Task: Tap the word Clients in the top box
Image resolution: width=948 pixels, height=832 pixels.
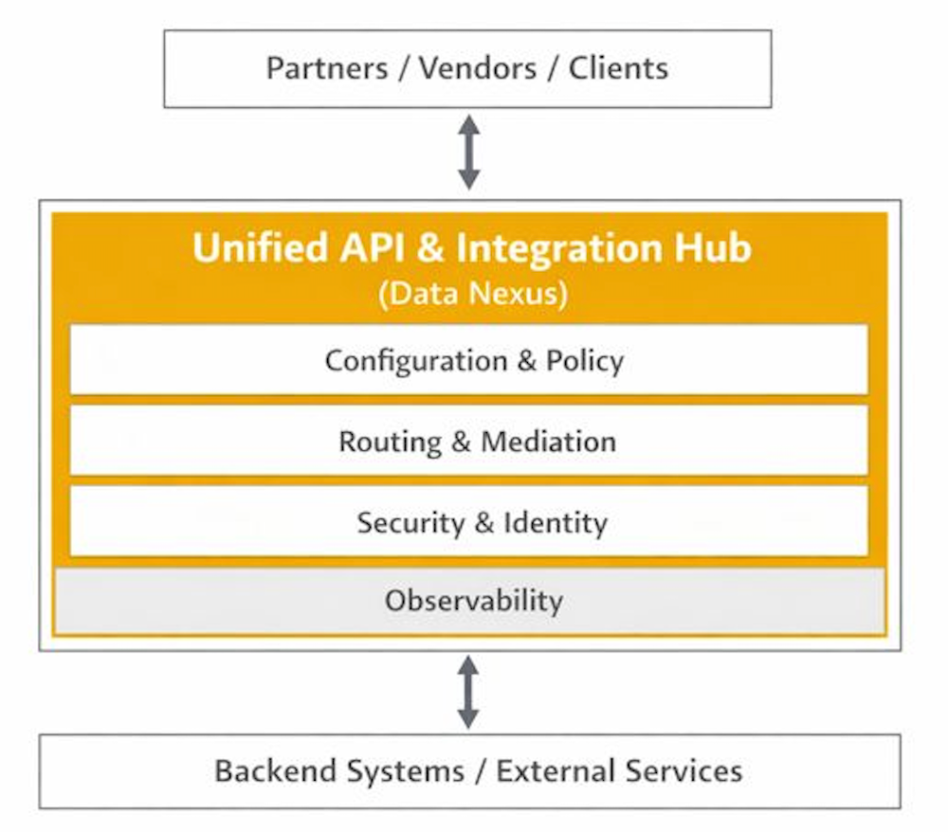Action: [x=618, y=68]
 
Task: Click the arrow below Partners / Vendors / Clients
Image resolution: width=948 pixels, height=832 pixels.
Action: [x=468, y=153]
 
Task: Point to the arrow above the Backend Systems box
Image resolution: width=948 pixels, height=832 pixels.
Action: [x=468, y=692]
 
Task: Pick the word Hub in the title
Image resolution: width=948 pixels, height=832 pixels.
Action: [x=706, y=248]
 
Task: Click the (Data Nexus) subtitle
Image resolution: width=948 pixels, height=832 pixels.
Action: [x=473, y=294]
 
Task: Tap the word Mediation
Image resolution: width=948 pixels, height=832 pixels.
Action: [x=549, y=443]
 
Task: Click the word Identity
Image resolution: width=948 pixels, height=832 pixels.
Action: [x=556, y=523]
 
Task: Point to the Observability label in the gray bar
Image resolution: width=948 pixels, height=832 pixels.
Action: [x=473, y=600]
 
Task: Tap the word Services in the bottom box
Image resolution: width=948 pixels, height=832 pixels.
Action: [x=685, y=770]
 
